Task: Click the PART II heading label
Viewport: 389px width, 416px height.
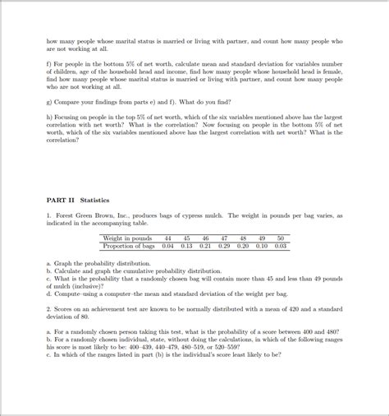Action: pyautogui.click(x=59, y=200)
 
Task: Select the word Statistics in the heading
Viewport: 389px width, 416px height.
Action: pyautogui.click(x=94, y=200)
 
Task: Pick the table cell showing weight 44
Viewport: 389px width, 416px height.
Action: pyautogui.click(x=167, y=238)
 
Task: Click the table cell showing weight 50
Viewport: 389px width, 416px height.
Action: pyautogui.click(x=280, y=238)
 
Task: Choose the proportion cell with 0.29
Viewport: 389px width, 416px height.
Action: pyautogui.click(x=224, y=245)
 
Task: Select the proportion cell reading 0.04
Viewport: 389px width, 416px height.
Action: pyautogui.click(x=167, y=245)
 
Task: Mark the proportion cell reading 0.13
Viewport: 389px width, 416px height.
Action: pyautogui.click(x=186, y=245)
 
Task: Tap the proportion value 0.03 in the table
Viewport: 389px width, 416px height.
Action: pyautogui.click(x=280, y=245)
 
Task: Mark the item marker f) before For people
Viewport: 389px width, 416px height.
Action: pyautogui.click(x=49, y=63)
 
